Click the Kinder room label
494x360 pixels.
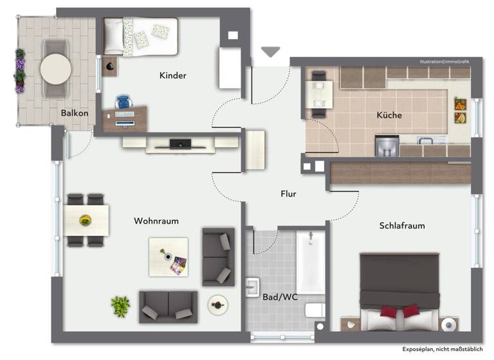[x=172, y=76]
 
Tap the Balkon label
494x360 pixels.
[x=75, y=113]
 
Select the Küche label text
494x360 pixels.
[x=389, y=116]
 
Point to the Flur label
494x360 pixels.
[x=288, y=194]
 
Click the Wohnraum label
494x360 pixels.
[x=156, y=221]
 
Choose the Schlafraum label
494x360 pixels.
[x=402, y=226]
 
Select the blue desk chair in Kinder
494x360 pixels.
[x=123, y=102]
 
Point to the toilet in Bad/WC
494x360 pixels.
[x=315, y=312]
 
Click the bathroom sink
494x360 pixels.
[x=253, y=285]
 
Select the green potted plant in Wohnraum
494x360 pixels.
[x=120, y=305]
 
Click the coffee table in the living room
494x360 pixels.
[x=169, y=256]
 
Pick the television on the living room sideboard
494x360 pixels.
[x=179, y=144]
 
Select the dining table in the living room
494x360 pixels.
[x=86, y=220]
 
